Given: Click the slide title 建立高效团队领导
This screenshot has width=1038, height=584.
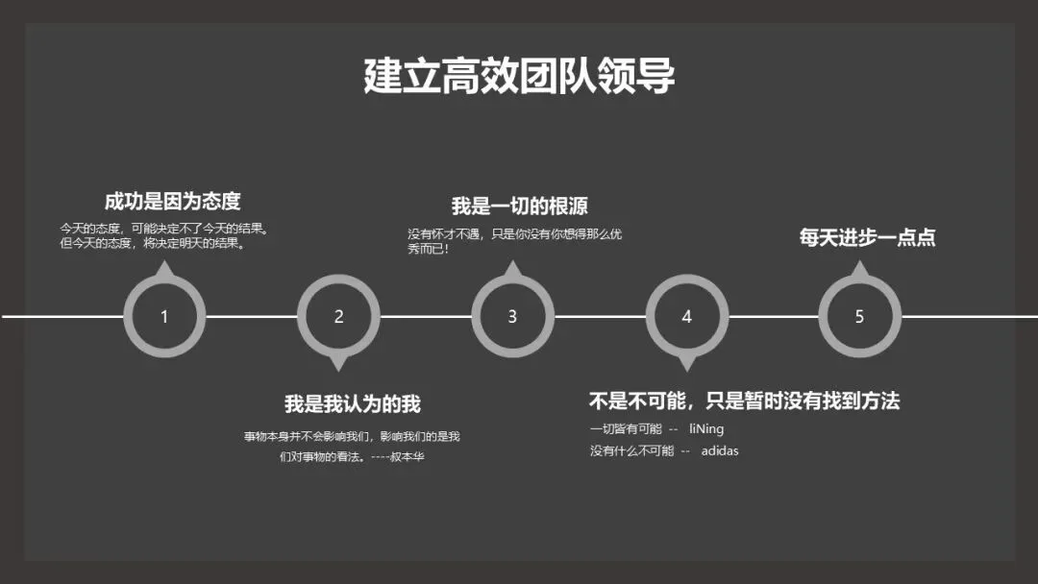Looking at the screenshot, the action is click(519, 76).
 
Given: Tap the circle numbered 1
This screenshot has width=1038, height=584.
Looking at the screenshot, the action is click(164, 316).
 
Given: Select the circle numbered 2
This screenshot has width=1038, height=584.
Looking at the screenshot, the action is click(338, 316).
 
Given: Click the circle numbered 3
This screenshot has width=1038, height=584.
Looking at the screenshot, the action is click(512, 316).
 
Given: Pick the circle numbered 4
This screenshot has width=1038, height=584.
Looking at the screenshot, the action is click(686, 316).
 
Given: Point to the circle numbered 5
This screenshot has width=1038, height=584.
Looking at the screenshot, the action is click(859, 316).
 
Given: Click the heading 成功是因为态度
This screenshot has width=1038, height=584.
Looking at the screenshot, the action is click(172, 202).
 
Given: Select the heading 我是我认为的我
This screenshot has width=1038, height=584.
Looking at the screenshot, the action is click(352, 404).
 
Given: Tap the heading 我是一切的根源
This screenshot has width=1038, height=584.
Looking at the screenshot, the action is click(519, 207).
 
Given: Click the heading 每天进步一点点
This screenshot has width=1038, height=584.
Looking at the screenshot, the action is click(867, 237).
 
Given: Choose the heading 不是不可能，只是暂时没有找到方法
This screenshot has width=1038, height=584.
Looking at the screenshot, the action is click(744, 401).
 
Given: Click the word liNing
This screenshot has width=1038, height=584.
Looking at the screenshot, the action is click(706, 429).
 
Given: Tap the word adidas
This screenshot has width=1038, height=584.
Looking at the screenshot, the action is click(719, 450).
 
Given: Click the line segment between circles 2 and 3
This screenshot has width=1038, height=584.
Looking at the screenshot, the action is click(426, 316).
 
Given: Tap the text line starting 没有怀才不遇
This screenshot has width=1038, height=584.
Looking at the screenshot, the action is click(514, 234).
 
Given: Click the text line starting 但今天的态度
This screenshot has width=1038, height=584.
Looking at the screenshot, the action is click(152, 244).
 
